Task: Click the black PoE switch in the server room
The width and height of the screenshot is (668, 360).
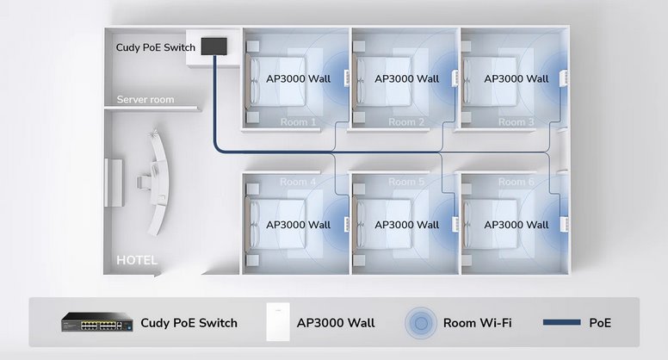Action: (213, 46)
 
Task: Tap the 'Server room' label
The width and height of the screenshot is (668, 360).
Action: (145, 100)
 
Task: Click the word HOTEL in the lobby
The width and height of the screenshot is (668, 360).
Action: (137, 260)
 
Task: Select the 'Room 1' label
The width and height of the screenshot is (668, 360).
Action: (298, 122)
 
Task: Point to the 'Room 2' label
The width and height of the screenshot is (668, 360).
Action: (406, 122)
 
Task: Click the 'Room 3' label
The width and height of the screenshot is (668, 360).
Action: (516, 122)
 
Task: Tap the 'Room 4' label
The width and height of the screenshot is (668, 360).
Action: (298, 182)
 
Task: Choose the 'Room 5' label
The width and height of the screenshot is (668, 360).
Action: (406, 182)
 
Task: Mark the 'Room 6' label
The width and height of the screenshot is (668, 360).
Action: (516, 182)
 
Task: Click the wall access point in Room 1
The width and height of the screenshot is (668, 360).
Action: (346, 78)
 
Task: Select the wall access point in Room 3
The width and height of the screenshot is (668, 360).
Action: (565, 78)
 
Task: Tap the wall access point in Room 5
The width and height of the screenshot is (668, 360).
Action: (455, 225)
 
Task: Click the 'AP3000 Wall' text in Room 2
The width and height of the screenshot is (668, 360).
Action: (407, 79)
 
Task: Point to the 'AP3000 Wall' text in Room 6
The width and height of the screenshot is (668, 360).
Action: (516, 225)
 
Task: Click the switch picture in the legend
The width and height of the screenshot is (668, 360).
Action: (97, 322)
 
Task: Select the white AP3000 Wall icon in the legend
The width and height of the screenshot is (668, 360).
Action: (278, 322)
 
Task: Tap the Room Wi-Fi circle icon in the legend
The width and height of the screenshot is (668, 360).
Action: (421, 323)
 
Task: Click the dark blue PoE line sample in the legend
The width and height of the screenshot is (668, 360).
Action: (561, 322)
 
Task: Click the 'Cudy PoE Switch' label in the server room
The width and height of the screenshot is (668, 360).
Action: (156, 47)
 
